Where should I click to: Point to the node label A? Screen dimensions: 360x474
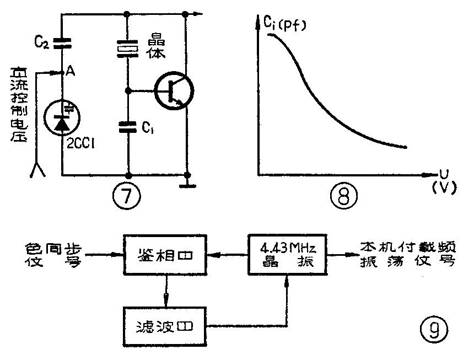71,71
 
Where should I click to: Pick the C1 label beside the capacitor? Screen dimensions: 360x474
147,128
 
